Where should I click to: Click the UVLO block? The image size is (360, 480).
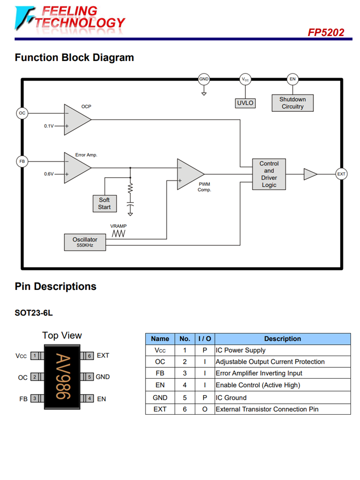[x=245, y=103]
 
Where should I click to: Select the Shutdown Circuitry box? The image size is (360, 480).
[x=292, y=103]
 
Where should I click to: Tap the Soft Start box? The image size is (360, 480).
[x=104, y=204]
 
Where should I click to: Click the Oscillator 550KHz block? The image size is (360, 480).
[x=85, y=242]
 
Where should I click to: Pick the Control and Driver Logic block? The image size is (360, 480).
[x=269, y=174]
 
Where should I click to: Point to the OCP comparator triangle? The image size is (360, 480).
[x=76, y=119]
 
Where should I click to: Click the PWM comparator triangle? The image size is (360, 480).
[x=189, y=174]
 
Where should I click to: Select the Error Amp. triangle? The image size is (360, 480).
[x=76, y=168]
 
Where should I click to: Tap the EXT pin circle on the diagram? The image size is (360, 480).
[x=341, y=174]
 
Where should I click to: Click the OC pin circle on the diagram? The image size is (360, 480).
[x=22, y=113]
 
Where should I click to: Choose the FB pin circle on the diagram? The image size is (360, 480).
[x=22, y=162]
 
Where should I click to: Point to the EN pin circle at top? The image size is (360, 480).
[x=292, y=79]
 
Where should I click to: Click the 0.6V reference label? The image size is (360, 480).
[x=49, y=174]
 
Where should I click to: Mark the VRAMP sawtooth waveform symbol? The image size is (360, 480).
[x=119, y=233]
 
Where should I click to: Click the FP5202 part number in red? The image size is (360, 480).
[x=326, y=33]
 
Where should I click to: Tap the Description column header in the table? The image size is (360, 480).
[x=282, y=339]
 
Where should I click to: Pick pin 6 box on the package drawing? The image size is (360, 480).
[x=89, y=356]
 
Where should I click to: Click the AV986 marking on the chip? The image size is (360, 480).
[x=62, y=377]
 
